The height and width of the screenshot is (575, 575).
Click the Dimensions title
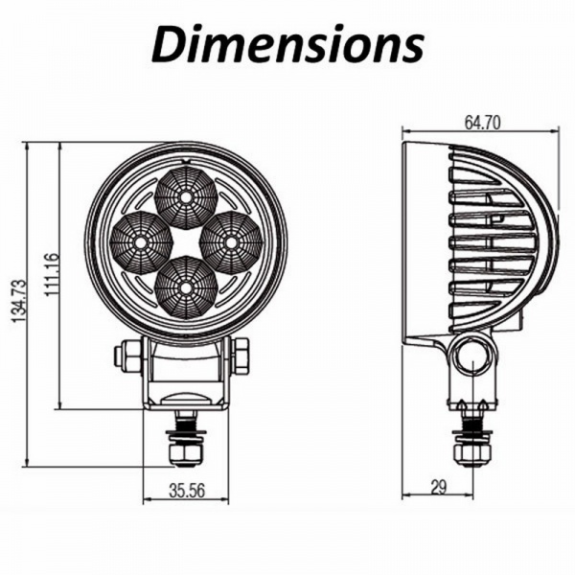point(287,44)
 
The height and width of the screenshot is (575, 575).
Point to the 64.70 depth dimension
point(484,123)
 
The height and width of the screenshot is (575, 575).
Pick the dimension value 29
point(439,488)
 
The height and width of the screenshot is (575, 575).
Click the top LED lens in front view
point(185,196)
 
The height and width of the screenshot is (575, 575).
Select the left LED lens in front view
point(140,242)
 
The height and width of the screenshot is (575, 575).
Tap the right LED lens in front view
point(231,242)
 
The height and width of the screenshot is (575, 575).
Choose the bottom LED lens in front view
point(185,287)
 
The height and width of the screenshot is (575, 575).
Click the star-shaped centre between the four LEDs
point(186,242)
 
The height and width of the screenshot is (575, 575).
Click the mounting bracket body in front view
point(187,374)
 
